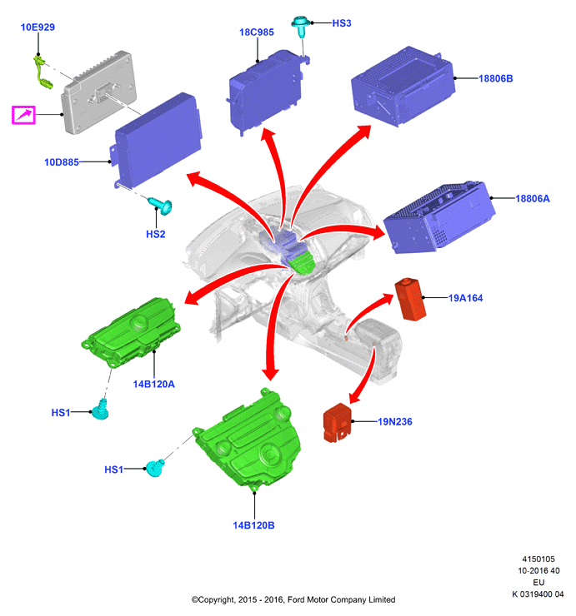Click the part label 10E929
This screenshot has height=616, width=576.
pyautogui.click(x=38, y=27)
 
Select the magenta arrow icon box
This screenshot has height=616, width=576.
pyautogui.click(x=23, y=115)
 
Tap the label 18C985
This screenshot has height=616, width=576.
pyautogui.click(x=257, y=32)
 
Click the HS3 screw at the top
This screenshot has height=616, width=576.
pyautogui.click(x=300, y=26)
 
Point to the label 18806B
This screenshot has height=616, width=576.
pyautogui.click(x=495, y=78)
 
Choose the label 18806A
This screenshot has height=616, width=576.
pyautogui.click(x=533, y=198)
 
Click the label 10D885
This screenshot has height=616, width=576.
pyautogui.click(x=62, y=161)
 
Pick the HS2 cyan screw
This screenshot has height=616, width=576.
pyautogui.click(x=160, y=205)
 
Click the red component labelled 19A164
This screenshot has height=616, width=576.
pyautogui.click(x=410, y=300)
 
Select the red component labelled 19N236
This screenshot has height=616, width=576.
pyautogui.click(x=337, y=423)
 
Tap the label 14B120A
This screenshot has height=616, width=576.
pyautogui.click(x=153, y=384)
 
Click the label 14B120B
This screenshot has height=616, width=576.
pyautogui.click(x=253, y=525)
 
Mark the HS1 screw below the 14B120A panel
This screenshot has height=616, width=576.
pyautogui.click(x=100, y=410)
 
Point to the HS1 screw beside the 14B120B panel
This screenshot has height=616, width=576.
pyautogui.click(x=154, y=468)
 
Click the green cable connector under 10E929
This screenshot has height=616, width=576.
pyautogui.click(x=43, y=72)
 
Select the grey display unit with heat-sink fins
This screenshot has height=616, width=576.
pyautogui.click(x=99, y=92)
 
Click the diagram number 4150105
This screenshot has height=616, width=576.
pyautogui.click(x=538, y=559)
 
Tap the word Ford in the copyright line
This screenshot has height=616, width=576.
pyautogui.click(x=296, y=599)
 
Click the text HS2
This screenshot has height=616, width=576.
pyautogui.click(x=155, y=234)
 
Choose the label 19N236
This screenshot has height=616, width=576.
pyautogui.click(x=394, y=421)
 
